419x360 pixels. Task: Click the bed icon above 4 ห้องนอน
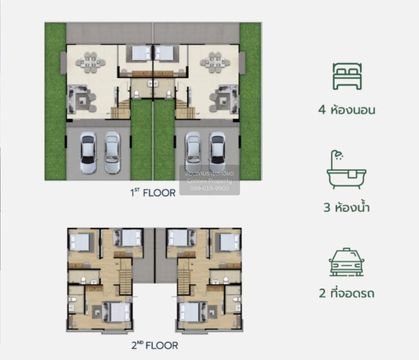pyautogui.click(x=347, y=77)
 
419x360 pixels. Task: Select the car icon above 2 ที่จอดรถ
pyautogui.click(x=346, y=262)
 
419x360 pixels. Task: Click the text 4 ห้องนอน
pyautogui.click(x=346, y=110)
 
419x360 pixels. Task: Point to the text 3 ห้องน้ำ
pyautogui.click(x=346, y=208)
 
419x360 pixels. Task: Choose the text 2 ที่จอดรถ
pyautogui.click(x=346, y=293)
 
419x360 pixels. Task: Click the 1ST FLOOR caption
pyautogui.click(x=153, y=193)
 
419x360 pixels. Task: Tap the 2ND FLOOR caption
pyautogui.click(x=155, y=345)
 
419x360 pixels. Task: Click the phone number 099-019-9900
pyautogui.click(x=209, y=188)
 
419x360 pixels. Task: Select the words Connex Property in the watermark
pyautogui.click(x=209, y=181)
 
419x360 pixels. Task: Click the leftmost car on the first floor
pyautogui.click(x=88, y=152)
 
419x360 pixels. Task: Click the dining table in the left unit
pyautogui.click(x=90, y=62)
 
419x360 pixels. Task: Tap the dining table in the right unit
pyautogui.click(x=215, y=62)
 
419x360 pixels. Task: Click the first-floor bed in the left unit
pyautogui.click(x=142, y=54)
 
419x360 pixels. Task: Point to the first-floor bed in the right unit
pyautogui.click(x=164, y=54)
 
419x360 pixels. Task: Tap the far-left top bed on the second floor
pyautogui.click(x=81, y=241)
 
